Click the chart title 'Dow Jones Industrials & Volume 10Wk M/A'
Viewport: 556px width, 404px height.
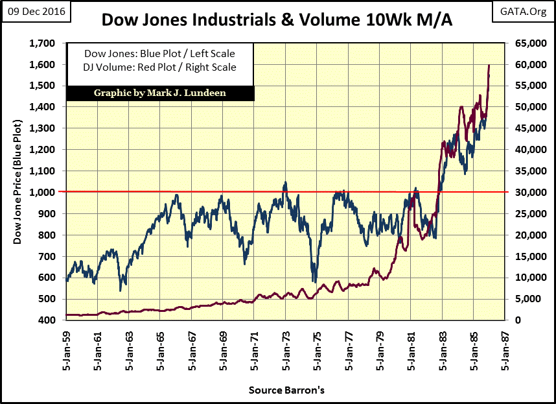[x=278, y=21]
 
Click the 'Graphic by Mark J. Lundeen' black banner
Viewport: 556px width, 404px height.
[x=161, y=93]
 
